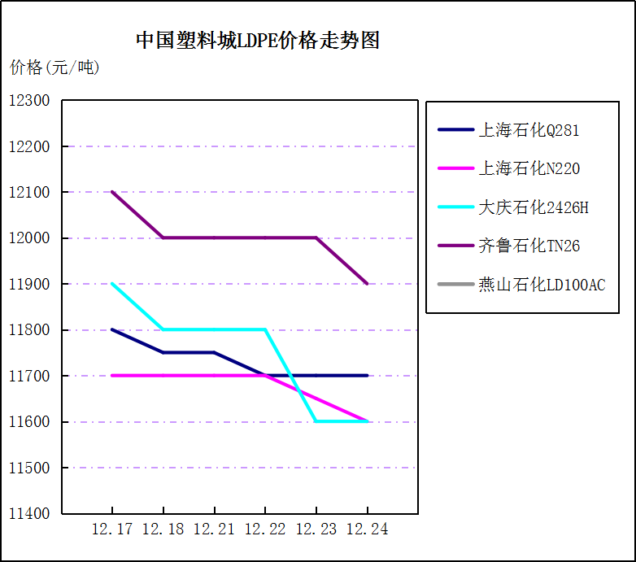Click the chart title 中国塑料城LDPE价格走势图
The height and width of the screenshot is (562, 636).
(258, 41)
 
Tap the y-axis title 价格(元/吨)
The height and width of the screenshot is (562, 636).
(54, 68)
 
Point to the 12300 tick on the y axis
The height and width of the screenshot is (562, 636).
(30, 101)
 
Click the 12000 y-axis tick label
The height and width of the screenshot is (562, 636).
(30, 238)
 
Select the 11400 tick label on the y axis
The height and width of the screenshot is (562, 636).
(30, 514)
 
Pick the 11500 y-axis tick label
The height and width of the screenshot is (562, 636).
(30, 468)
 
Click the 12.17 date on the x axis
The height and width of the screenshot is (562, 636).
(112, 529)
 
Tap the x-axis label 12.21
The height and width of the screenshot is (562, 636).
(214, 529)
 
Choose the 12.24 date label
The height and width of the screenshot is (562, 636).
(367, 529)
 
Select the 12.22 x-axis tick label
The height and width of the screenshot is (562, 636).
(265, 529)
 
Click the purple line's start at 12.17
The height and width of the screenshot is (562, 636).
(112, 192)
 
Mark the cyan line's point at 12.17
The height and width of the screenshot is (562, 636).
(112, 284)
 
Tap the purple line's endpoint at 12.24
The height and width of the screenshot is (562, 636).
(367, 284)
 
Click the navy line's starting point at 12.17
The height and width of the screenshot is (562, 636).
(112, 329)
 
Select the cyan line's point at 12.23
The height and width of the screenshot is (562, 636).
(316, 421)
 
